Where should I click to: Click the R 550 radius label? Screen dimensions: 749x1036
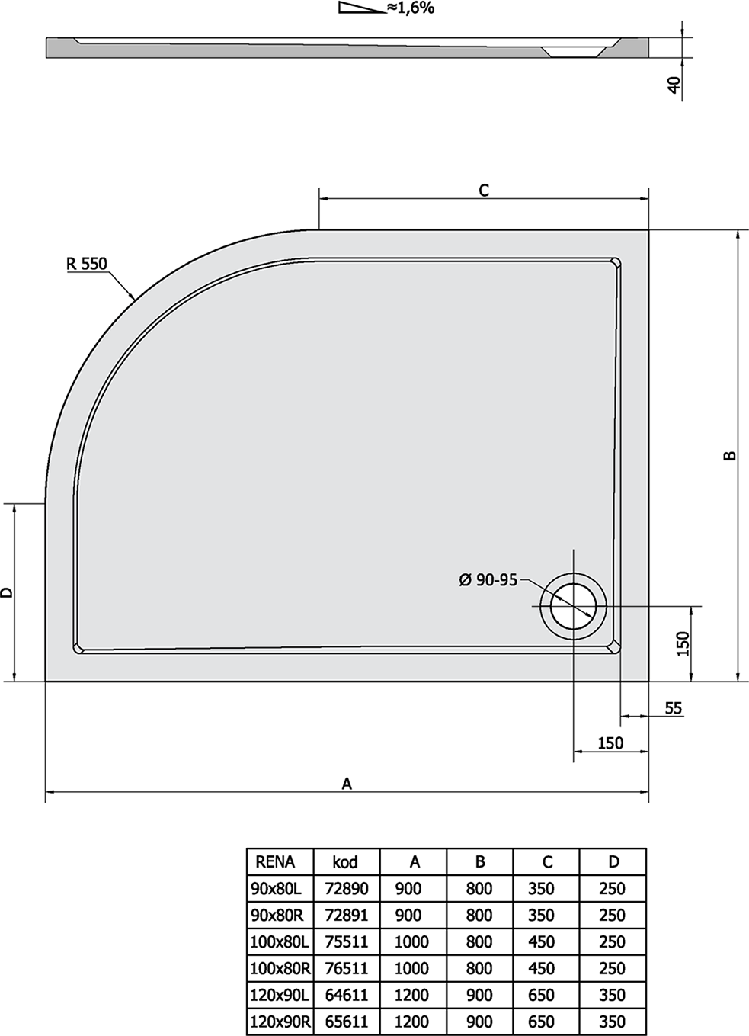click(x=86, y=264)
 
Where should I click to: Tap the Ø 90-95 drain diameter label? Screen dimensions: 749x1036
click(x=488, y=580)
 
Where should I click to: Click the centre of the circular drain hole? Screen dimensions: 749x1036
click(x=573, y=606)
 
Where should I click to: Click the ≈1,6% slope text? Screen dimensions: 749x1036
click(x=411, y=8)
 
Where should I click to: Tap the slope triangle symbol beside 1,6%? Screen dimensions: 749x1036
click(x=362, y=8)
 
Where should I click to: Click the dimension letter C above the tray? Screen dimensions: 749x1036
click(x=484, y=190)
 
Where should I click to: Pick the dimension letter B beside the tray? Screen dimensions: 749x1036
click(x=730, y=456)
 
